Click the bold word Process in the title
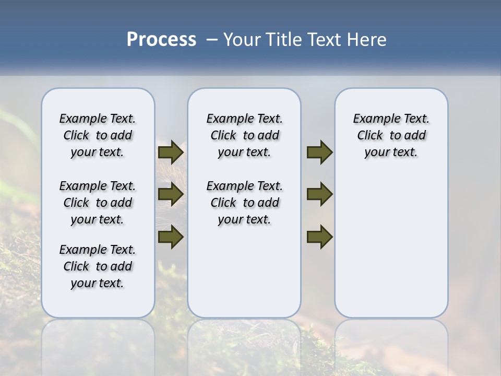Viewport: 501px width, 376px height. coord(161,40)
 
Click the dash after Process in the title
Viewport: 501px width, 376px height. coord(212,40)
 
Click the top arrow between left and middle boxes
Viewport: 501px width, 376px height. coord(171,152)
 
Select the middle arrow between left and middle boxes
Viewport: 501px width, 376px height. coord(171,194)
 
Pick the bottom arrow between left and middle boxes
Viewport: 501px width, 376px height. coord(171,237)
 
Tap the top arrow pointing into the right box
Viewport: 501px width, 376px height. coord(319,152)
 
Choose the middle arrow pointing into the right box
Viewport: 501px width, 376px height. coord(319,194)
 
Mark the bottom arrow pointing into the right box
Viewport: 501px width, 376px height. coord(319,237)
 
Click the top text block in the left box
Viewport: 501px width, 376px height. coord(98,135)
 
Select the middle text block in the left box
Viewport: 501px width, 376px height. coord(98,203)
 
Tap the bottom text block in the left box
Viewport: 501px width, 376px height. coord(98,266)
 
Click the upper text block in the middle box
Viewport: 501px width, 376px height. coord(244,135)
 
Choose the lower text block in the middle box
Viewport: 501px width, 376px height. coord(244,203)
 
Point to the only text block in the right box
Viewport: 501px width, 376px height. coord(391,135)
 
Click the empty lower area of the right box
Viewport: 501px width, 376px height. coord(391,245)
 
